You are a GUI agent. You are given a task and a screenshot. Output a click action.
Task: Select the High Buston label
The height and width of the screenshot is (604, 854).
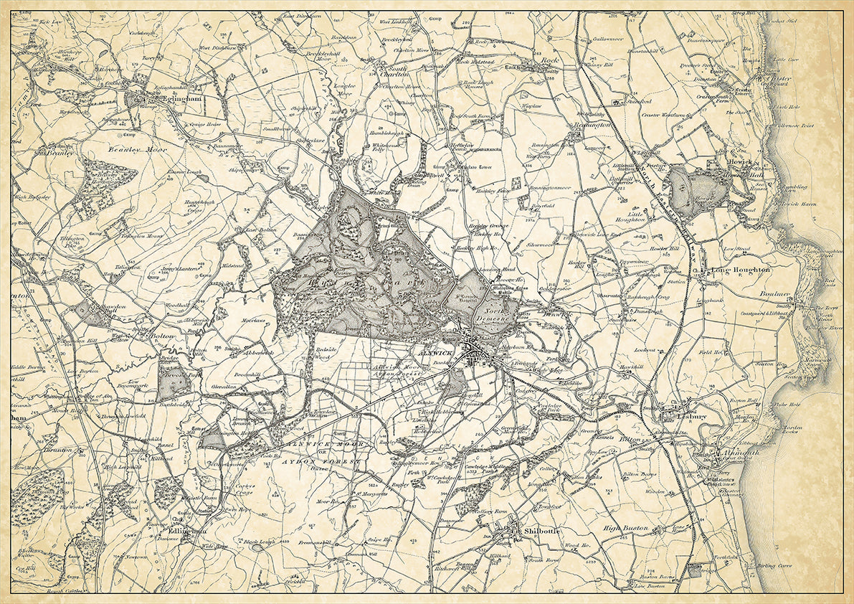pos(625,528)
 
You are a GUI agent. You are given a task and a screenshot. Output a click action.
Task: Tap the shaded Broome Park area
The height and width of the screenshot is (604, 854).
pos(174,382)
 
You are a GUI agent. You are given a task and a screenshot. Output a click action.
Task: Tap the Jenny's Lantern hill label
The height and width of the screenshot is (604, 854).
pos(177,268)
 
